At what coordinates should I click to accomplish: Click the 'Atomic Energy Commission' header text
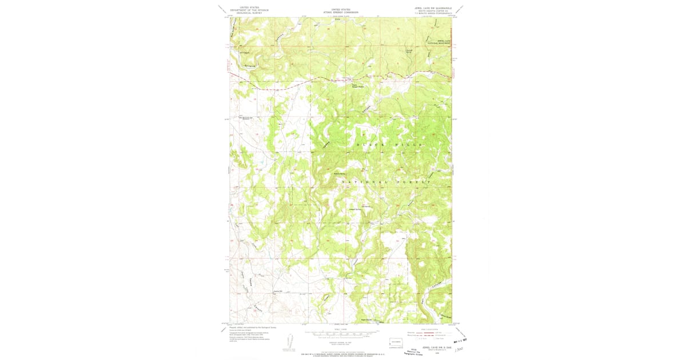click(x=341, y=12)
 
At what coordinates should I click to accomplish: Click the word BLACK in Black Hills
click(x=368, y=145)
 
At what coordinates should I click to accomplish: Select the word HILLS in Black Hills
click(x=409, y=145)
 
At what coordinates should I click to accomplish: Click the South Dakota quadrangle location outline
click(x=396, y=344)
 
